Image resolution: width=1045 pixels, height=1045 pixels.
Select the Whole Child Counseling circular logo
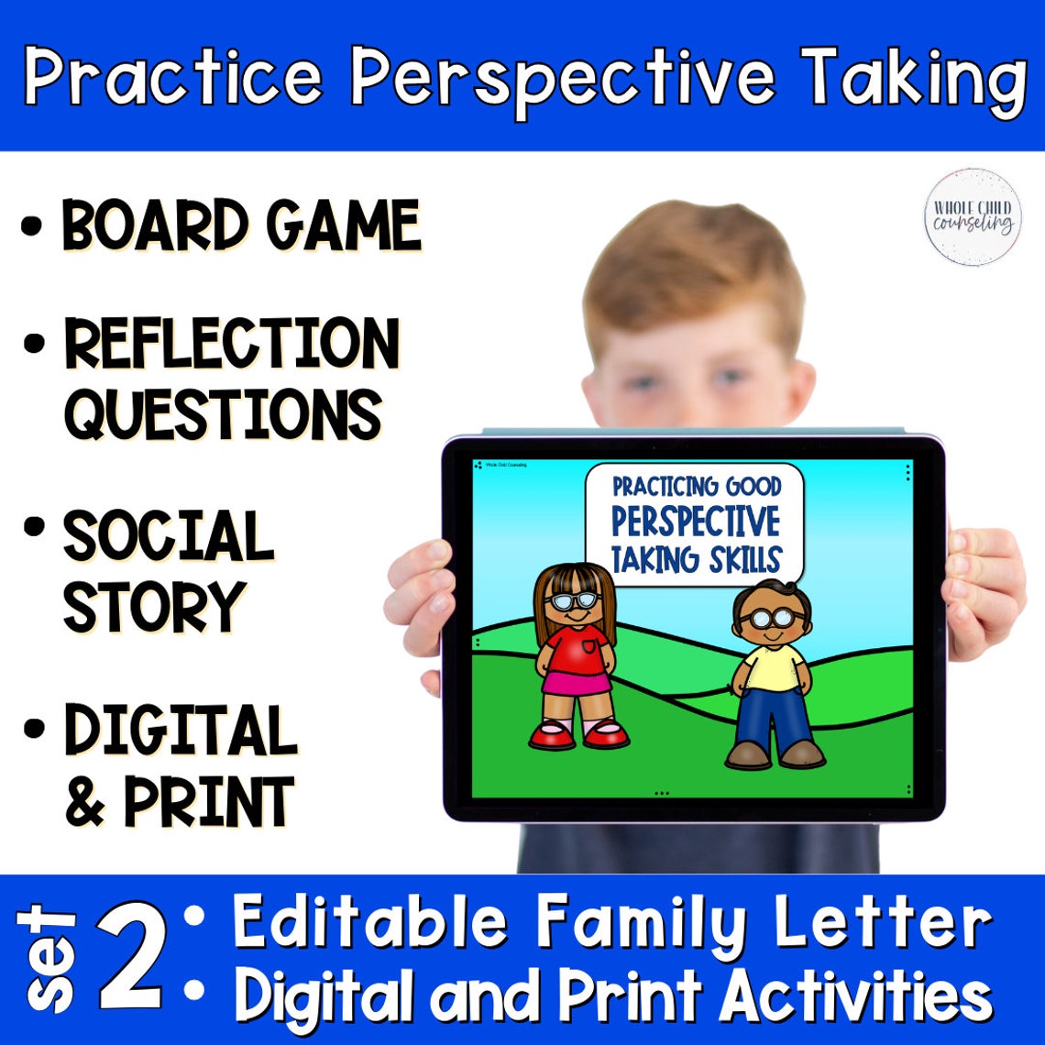point(972,216)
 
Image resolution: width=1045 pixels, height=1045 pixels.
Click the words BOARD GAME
point(241,225)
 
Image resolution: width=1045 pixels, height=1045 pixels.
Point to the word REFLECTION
point(231,345)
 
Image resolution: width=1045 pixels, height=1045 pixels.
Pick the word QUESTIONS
point(222,413)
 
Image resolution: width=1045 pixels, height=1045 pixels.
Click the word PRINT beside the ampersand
point(209,802)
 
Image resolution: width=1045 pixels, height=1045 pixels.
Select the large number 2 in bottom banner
point(134,960)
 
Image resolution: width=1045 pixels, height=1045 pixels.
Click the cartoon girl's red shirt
point(575,647)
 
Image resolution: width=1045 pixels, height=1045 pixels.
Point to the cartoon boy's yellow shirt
point(773,666)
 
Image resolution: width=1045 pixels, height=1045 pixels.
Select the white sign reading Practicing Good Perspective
point(694,522)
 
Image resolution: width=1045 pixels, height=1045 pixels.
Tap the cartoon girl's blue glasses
point(573,602)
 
